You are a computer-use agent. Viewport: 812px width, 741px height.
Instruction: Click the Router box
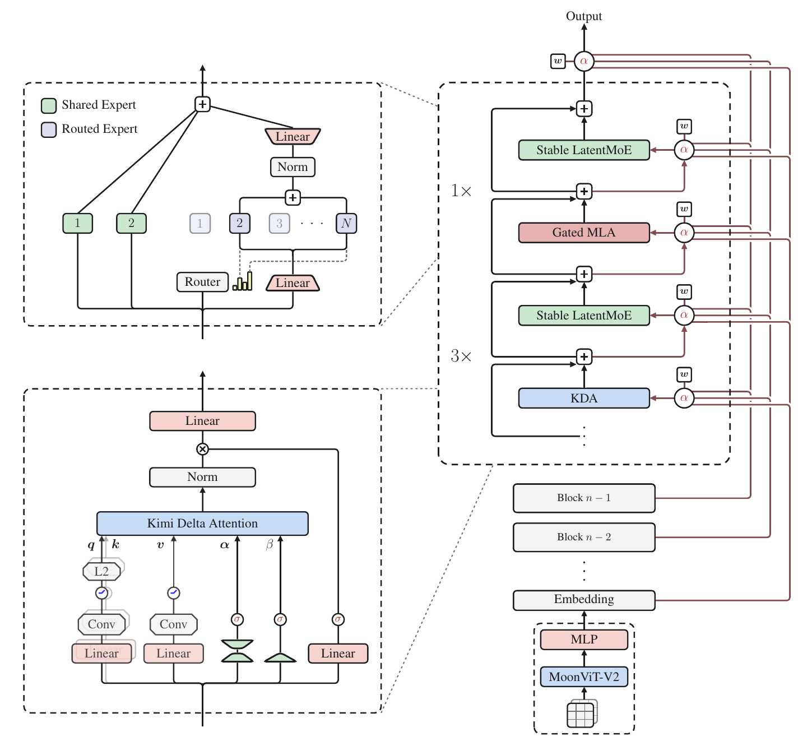tap(202, 282)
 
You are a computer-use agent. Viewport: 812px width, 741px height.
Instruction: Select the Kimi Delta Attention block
tap(202, 523)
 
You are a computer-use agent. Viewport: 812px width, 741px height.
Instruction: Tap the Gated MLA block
tap(584, 233)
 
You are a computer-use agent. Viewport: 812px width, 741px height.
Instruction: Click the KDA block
tap(584, 398)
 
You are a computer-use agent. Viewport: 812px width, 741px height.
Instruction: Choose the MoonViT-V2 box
tap(584, 677)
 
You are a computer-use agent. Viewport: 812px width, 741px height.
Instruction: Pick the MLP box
tap(584, 640)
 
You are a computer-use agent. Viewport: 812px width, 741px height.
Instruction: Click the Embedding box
tap(584, 600)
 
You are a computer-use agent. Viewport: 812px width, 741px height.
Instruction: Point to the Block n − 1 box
tap(584, 498)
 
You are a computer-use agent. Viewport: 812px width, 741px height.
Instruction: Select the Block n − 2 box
tap(584, 538)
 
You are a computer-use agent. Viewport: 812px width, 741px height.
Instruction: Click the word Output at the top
tap(584, 16)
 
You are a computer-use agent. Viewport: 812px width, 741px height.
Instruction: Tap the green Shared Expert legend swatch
tap(49, 105)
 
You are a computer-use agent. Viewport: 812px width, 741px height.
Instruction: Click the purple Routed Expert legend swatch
tap(49, 129)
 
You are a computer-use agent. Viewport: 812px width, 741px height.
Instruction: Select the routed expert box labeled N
tap(346, 223)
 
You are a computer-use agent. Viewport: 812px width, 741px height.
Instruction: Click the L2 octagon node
tap(101, 571)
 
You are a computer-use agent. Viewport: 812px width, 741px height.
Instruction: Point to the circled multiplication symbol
tap(202, 449)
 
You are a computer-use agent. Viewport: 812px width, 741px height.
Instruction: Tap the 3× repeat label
tap(461, 356)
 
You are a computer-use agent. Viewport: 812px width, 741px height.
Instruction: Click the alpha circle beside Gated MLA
tap(684, 233)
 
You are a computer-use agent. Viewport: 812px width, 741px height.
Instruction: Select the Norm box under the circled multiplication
tap(202, 477)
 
